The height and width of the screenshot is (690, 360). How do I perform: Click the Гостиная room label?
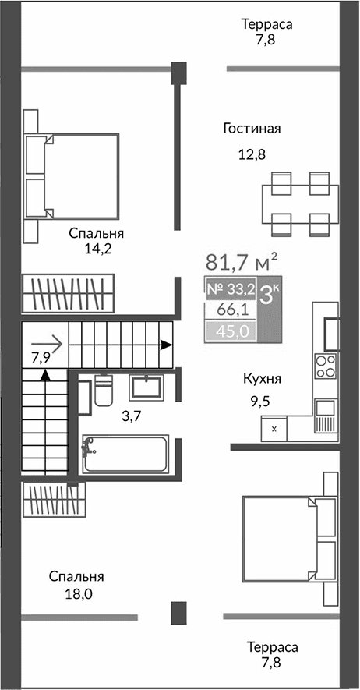(x=251, y=129)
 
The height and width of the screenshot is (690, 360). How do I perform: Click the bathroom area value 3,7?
(x=132, y=416)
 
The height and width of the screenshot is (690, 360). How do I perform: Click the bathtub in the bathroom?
(x=125, y=455)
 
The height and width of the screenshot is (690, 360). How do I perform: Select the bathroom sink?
(x=146, y=387)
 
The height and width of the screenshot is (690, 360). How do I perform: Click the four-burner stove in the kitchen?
(x=326, y=366)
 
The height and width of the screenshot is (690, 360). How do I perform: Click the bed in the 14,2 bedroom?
(x=74, y=175)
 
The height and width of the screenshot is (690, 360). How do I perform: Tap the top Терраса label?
(x=266, y=25)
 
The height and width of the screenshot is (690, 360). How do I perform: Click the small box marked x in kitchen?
(x=274, y=427)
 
